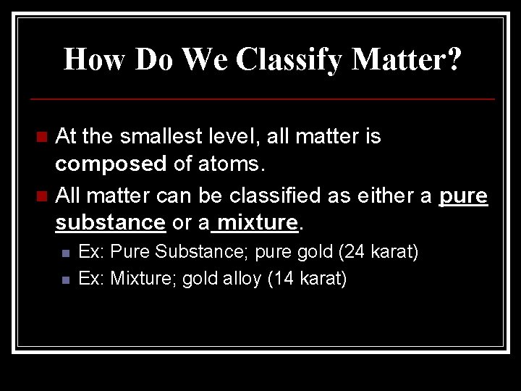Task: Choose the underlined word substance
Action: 110,223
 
